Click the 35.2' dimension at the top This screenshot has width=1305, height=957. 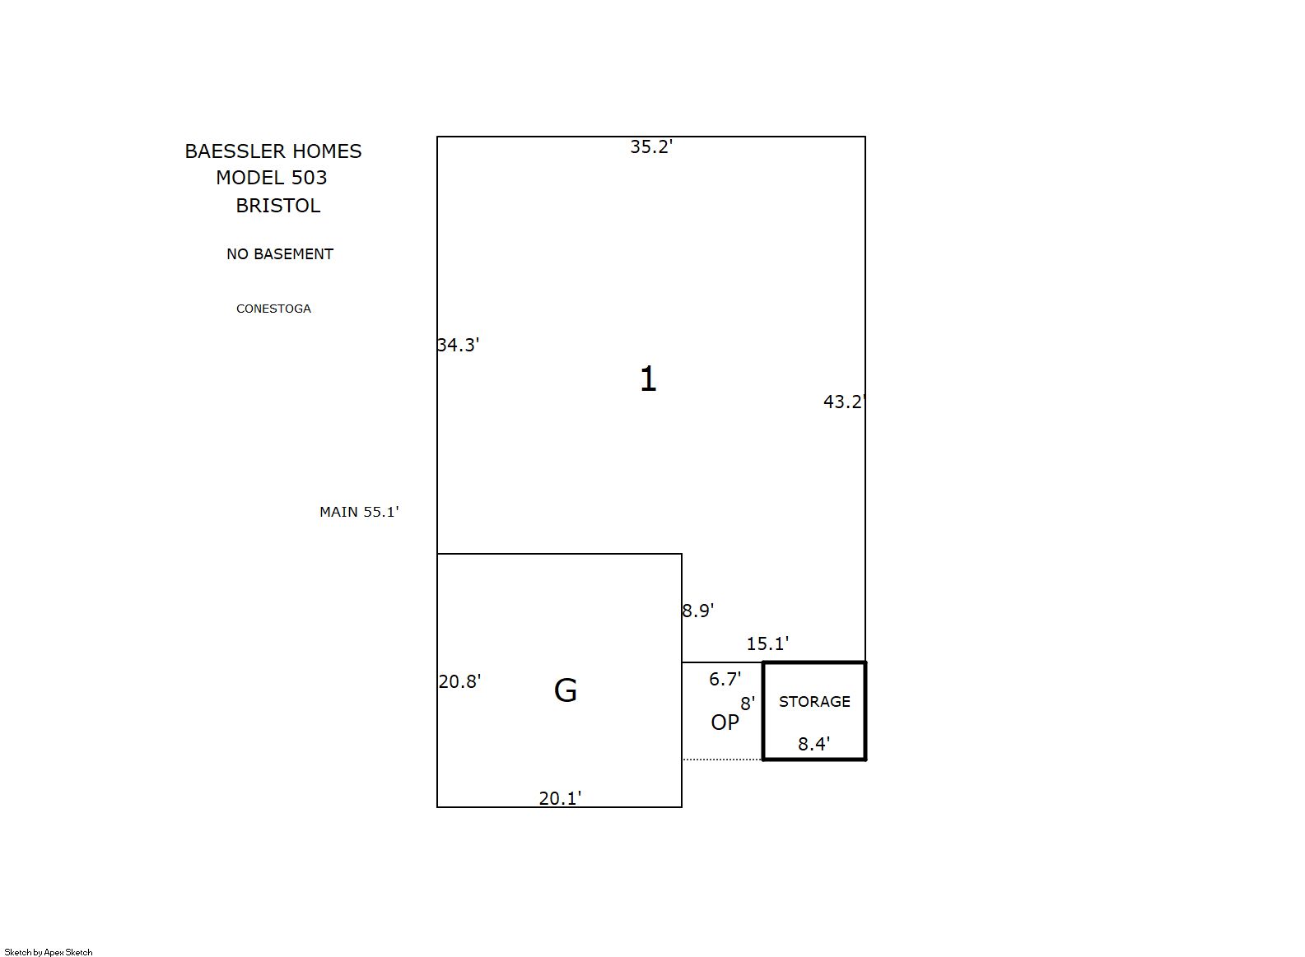[x=651, y=146]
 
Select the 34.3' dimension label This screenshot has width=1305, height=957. [x=459, y=346]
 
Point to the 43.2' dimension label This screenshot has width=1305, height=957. [x=844, y=402]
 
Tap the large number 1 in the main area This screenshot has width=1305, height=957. [x=649, y=379]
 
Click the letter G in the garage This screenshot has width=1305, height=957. [x=565, y=690]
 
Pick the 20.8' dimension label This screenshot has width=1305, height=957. [x=459, y=681]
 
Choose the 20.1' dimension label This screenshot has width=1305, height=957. [x=560, y=798]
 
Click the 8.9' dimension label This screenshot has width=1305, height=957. [x=698, y=611]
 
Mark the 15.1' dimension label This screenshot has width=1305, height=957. [x=768, y=643]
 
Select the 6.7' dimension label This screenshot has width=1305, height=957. [x=725, y=679]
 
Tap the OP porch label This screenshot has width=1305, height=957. [x=725, y=722]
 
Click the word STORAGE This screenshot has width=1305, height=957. [x=814, y=701]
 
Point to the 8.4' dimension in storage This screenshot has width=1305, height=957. [x=814, y=744]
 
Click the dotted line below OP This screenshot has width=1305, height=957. [x=722, y=760]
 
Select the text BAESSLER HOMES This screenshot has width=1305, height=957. [x=273, y=151]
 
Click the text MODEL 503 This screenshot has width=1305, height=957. [x=272, y=178]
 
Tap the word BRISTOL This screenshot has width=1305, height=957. [x=278, y=206]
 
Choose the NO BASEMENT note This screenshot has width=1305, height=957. [x=280, y=253]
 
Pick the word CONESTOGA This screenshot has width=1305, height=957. [x=273, y=309]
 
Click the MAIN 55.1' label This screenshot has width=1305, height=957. [x=359, y=512]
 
